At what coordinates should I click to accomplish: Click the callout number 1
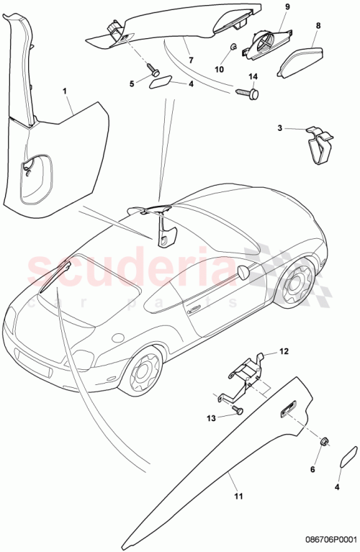[x=65, y=92]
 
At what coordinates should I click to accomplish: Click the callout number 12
[x=284, y=352]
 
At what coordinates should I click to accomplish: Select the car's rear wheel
[x=294, y=286]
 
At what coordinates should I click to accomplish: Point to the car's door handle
[x=194, y=310]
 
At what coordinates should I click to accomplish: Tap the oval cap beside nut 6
[x=346, y=458]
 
